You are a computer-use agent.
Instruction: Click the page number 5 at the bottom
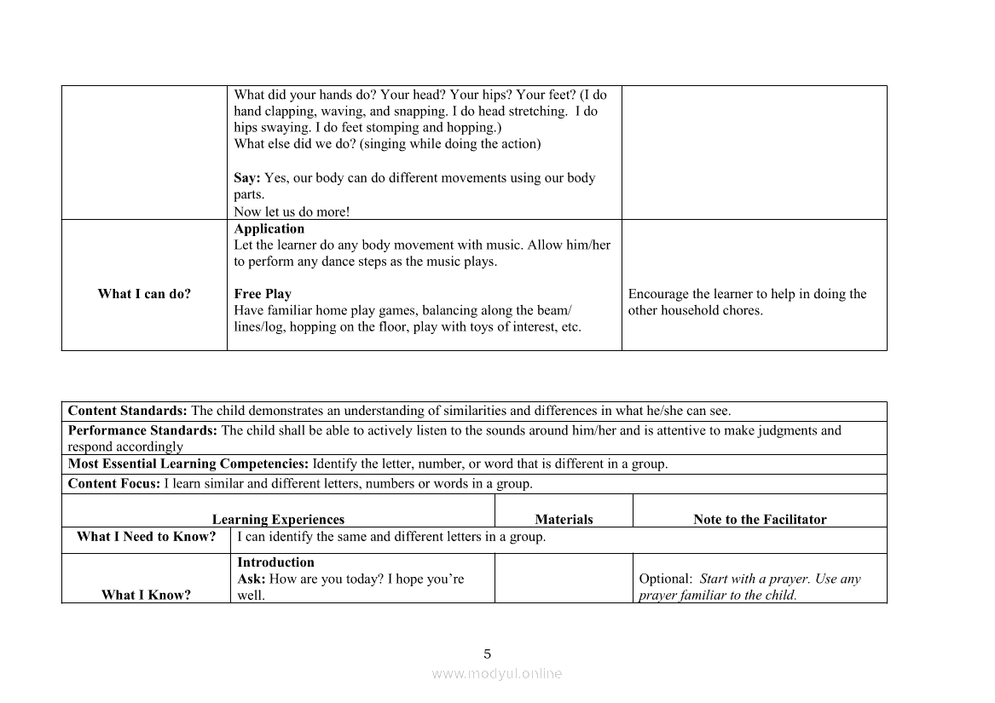(x=488, y=654)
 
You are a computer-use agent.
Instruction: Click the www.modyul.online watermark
(x=497, y=673)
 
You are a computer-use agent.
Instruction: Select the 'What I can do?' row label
(x=144, y=294)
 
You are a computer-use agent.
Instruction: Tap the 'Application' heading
(x=269, y=228)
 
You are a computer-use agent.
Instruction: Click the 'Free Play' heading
(x=263, y=294)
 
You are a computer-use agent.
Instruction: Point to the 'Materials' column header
(x=564, y=519)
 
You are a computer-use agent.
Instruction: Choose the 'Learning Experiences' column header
(x=278, y=519)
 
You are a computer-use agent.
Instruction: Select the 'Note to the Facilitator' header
(x=760, y=519)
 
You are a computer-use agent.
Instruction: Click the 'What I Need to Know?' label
(x=146, y=537)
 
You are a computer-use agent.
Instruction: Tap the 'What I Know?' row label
(x=146, y=595)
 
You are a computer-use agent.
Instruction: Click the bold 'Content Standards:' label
(x=128, y=411)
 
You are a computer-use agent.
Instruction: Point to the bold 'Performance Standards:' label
(x=142, y=430)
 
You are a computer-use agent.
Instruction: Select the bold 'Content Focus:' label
(x=113, y=484)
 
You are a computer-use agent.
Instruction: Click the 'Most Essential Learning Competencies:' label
(x=188, y=464)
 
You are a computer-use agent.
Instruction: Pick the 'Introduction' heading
(x=275, y=562)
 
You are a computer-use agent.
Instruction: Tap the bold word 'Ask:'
(x=251, y=579)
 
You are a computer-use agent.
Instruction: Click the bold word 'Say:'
(x=246, y=178)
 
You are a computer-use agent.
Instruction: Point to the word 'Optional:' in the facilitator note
(x=665, y=579)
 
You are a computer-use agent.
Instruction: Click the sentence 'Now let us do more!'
(x=292, y=212)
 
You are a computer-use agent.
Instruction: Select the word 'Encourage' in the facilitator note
(x=657, y=294)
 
